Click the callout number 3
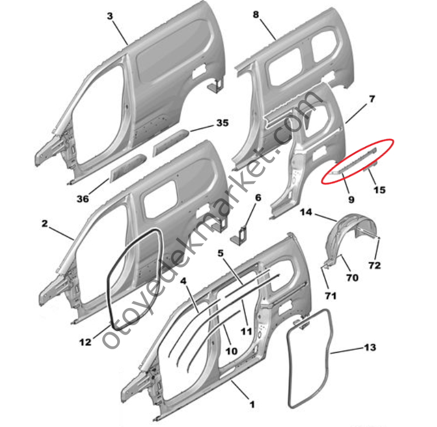(110, 16)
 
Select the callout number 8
(256, 15)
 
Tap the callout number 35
(222, 123)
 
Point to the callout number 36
(82, 199)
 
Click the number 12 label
(85, 342)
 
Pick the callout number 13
(370, 347)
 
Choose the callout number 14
(306, 213)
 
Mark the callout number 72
(374, 265)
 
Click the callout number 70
(352, 277)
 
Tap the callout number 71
(331, 296)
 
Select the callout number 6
(258, 197)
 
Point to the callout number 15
(379, 190)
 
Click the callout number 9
(351, 200)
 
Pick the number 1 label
(252, 405)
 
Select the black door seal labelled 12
(110, 279)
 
